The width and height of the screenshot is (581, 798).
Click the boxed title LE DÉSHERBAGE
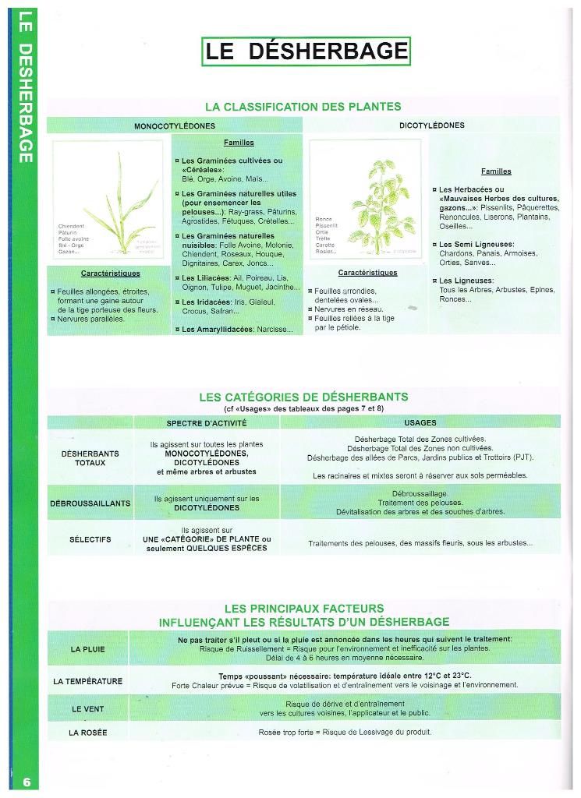[306, 51]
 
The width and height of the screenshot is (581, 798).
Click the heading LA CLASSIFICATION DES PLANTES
[303, 106]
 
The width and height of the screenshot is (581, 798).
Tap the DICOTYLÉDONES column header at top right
[431, 125]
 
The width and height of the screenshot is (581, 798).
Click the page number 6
[27, 782]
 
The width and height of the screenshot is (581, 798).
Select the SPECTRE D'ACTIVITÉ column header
[206, 422]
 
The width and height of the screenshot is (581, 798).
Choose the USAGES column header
[420, 422]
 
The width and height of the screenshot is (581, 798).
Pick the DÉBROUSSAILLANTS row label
[90, 503]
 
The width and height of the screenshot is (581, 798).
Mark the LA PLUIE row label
[87, 648]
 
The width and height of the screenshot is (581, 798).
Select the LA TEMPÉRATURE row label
[87, 681]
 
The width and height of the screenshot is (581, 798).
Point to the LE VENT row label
[87, 709]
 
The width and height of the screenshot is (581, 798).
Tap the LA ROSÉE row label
[87, 733]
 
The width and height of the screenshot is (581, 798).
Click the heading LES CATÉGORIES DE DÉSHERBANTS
[303, 397]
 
